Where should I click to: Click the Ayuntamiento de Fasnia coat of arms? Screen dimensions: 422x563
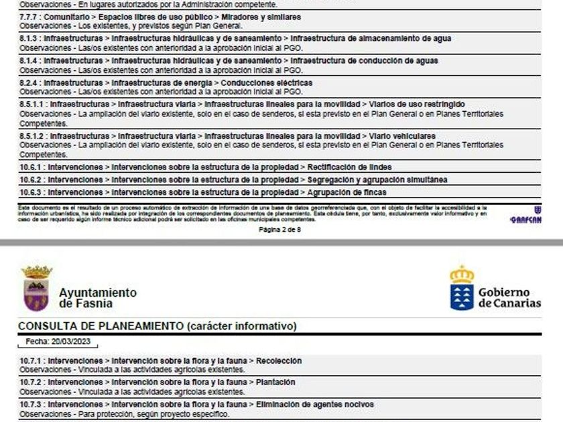(36, 289)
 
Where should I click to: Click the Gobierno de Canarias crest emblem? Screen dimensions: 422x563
(461, 288)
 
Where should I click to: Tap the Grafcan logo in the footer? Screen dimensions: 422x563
(525, 216)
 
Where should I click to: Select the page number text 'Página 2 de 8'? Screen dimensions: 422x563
(280, 229)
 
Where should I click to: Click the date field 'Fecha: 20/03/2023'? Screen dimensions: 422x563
(57, 342)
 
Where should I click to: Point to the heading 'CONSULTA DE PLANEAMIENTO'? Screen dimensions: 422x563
(101, 326)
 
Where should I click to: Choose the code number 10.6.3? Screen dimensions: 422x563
(32, 192)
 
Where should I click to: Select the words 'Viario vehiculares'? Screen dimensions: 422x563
(402, 136)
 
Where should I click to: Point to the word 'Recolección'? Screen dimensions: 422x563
(279, 360)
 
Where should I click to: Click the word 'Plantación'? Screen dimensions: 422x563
(275, 382)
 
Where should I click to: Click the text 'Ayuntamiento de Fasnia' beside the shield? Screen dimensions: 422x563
(97, 298)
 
